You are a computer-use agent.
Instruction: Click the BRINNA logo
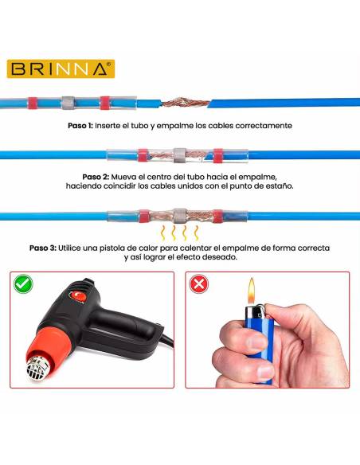tap(61, 69)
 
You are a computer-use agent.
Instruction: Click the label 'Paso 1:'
tap(80, 126)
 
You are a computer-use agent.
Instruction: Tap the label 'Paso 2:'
tap(96, 177)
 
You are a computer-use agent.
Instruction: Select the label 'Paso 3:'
tap(43, 248)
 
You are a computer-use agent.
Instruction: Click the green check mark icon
tap(23, 284)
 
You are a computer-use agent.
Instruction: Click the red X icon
tap(198, 284)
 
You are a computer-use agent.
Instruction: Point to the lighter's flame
tap(252, 291)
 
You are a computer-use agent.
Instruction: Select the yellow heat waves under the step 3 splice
tap(179, 233)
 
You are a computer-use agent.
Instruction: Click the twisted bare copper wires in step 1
tap(186, 103)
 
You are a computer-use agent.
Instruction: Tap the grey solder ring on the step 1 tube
tap(68, 103)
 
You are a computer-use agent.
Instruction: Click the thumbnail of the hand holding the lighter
tap(267, 330)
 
